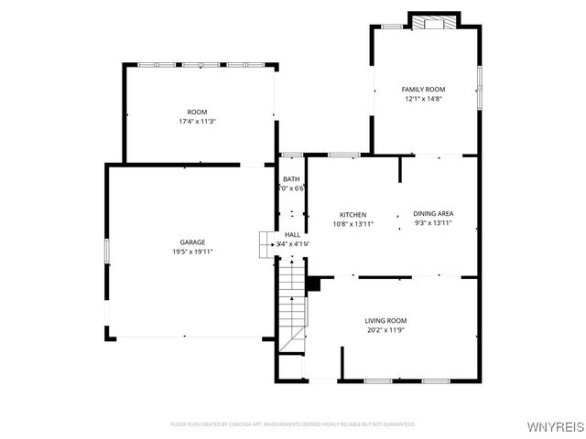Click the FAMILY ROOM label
click(422, 89)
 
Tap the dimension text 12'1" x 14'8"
click(422, 99)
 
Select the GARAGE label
click(191, 242)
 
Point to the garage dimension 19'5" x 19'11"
click(191, 252)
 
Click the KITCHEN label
click(353, 213)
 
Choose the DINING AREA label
click(433, 213)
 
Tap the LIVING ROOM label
click(385, 320)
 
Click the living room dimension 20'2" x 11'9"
click(385, 330)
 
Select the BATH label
click(291, 179)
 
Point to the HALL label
click(292, 235)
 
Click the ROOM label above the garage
click(198, 111)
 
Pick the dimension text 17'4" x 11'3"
click(198, 121)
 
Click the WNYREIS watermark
click(555, 426)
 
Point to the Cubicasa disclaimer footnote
click(293, 424)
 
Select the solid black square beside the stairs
click(313, 284)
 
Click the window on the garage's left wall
click(107, 250)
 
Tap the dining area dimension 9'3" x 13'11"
click(433, 223)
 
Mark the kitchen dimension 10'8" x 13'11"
click(353, 223)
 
